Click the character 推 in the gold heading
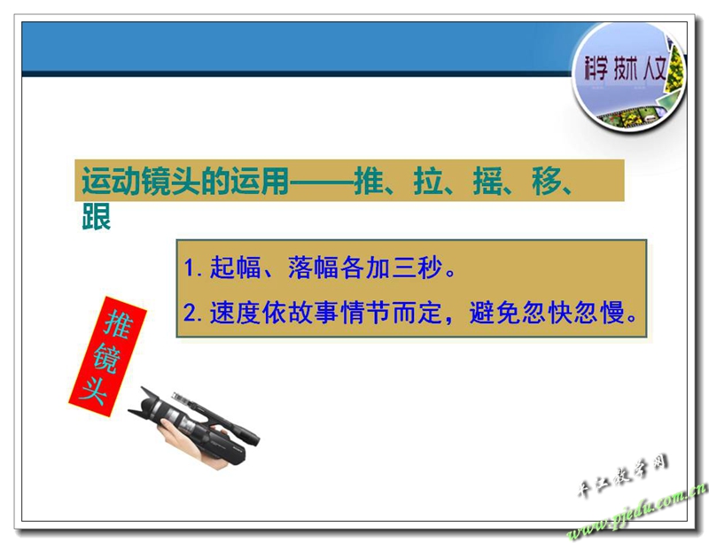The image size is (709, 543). click(369, 181)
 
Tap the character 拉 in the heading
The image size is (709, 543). click(428, 181)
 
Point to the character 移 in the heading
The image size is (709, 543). click(547, 181)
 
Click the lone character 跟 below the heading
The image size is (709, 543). click(97, 216)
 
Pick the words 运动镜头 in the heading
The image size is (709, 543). click(141, 181)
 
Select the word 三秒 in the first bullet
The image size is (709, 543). click(417, 268)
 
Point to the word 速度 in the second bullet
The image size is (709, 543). click(235, 313)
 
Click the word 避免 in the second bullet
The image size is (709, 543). click(495, 313)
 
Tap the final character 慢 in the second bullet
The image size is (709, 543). click(612, 313)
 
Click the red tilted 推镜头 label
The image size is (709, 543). click(107, 356)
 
